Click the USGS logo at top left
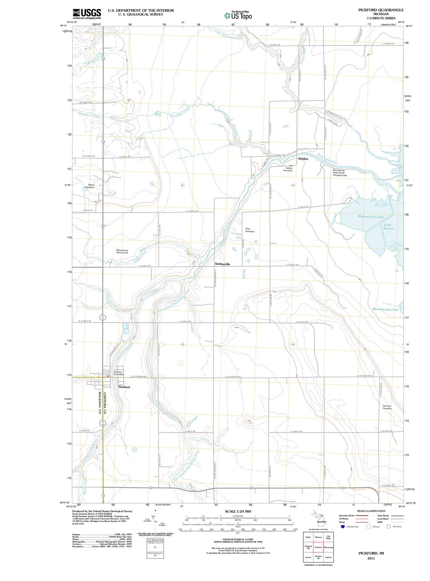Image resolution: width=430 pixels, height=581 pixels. [x=87, y=14]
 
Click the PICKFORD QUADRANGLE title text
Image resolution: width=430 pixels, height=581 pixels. [x=381, y=10]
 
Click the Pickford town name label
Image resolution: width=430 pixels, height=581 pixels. [x=124, y=387]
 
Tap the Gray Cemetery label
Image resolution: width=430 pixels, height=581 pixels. [x=250, y=230]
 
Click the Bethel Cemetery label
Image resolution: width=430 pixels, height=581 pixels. [x=89, y=186]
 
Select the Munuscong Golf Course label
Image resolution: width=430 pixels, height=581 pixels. [x=122, y=251]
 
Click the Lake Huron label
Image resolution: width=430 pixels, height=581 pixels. [x=388, y=227]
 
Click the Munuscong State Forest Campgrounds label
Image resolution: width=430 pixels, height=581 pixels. [x=340, y=172]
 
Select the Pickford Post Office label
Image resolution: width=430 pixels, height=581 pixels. [x=119, y=373]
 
